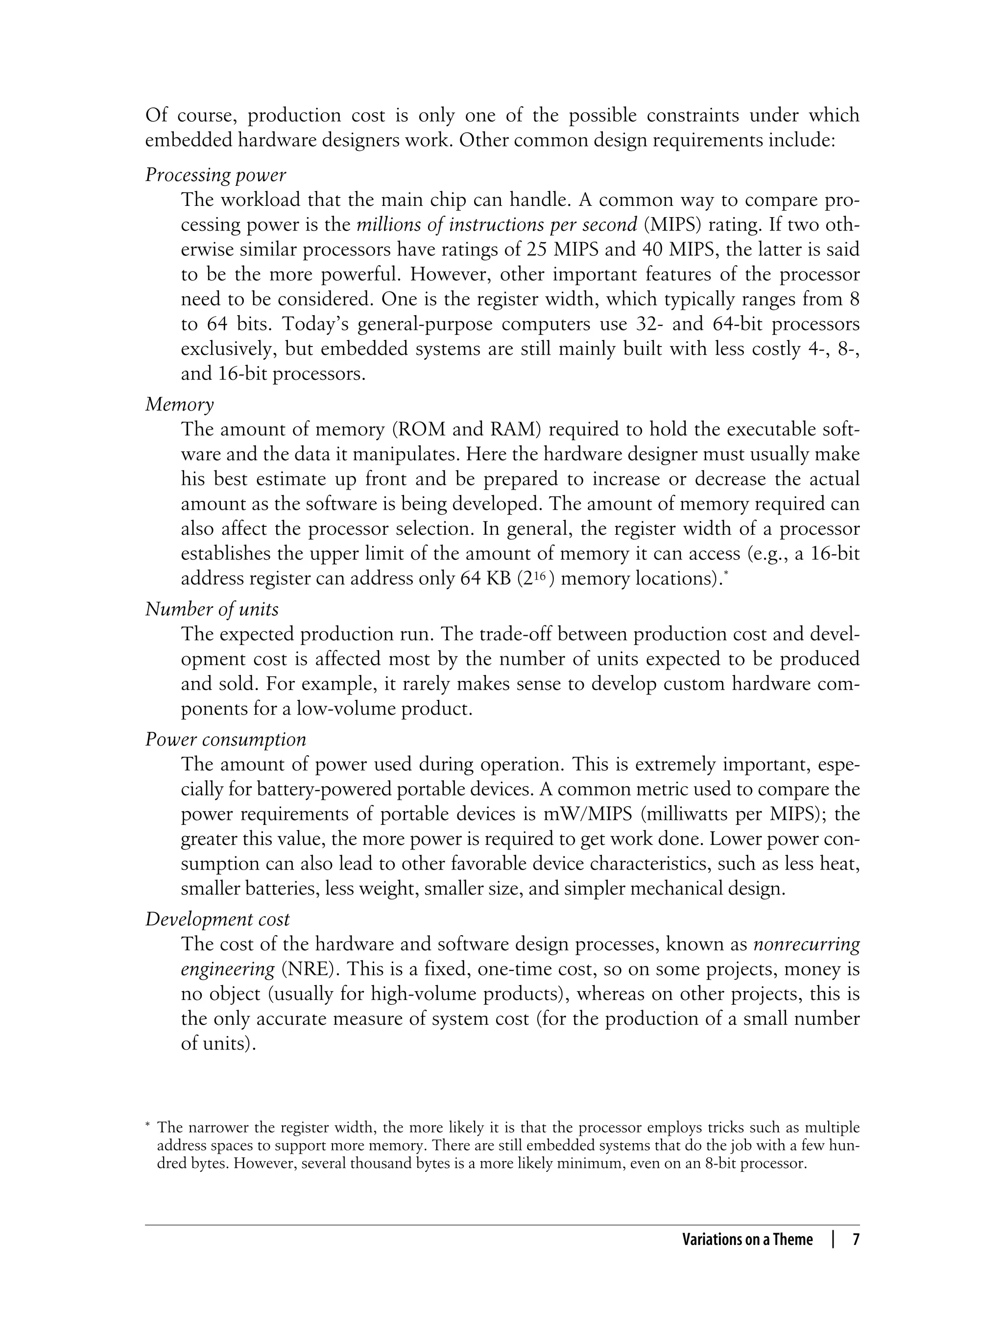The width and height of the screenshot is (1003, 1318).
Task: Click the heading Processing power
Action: (215, 175)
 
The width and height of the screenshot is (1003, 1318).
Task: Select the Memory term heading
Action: (179, 404)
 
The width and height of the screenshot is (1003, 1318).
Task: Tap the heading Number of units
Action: (212, 609)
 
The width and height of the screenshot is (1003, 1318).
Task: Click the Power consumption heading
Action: (226, 739)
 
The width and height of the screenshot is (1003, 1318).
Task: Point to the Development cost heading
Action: (217, 919)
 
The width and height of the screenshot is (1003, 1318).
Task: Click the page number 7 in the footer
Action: (855, 1240)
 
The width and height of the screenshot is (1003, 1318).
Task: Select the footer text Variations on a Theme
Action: (747, 1240)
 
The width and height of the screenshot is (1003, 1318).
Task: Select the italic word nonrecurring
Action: (806, 944)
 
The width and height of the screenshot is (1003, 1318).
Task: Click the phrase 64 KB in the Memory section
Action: (485, 579)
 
